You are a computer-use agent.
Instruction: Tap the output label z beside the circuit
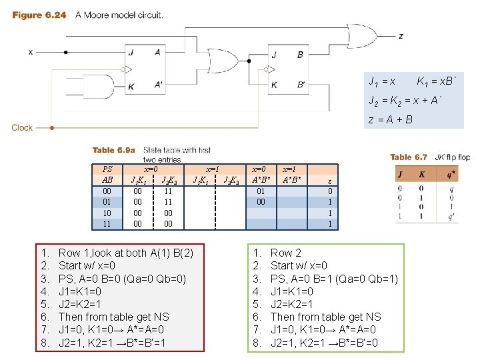coord(400,36)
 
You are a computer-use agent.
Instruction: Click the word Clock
coord(22,127)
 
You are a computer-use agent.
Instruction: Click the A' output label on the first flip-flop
coord(158,85)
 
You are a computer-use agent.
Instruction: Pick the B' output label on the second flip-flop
coord(301,85)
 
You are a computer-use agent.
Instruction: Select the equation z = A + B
coord(391,120)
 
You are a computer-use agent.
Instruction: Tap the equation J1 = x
coord(383,81)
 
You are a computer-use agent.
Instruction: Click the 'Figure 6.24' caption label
coord(39,15)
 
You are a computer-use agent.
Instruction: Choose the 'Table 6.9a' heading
coord(113,150)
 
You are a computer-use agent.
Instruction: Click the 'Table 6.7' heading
coord(408,157)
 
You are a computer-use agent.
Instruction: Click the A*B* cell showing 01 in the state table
coord(261,191)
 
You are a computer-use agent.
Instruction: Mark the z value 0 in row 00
coord(330,191)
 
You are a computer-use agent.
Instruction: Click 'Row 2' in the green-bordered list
coord(286,253)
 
